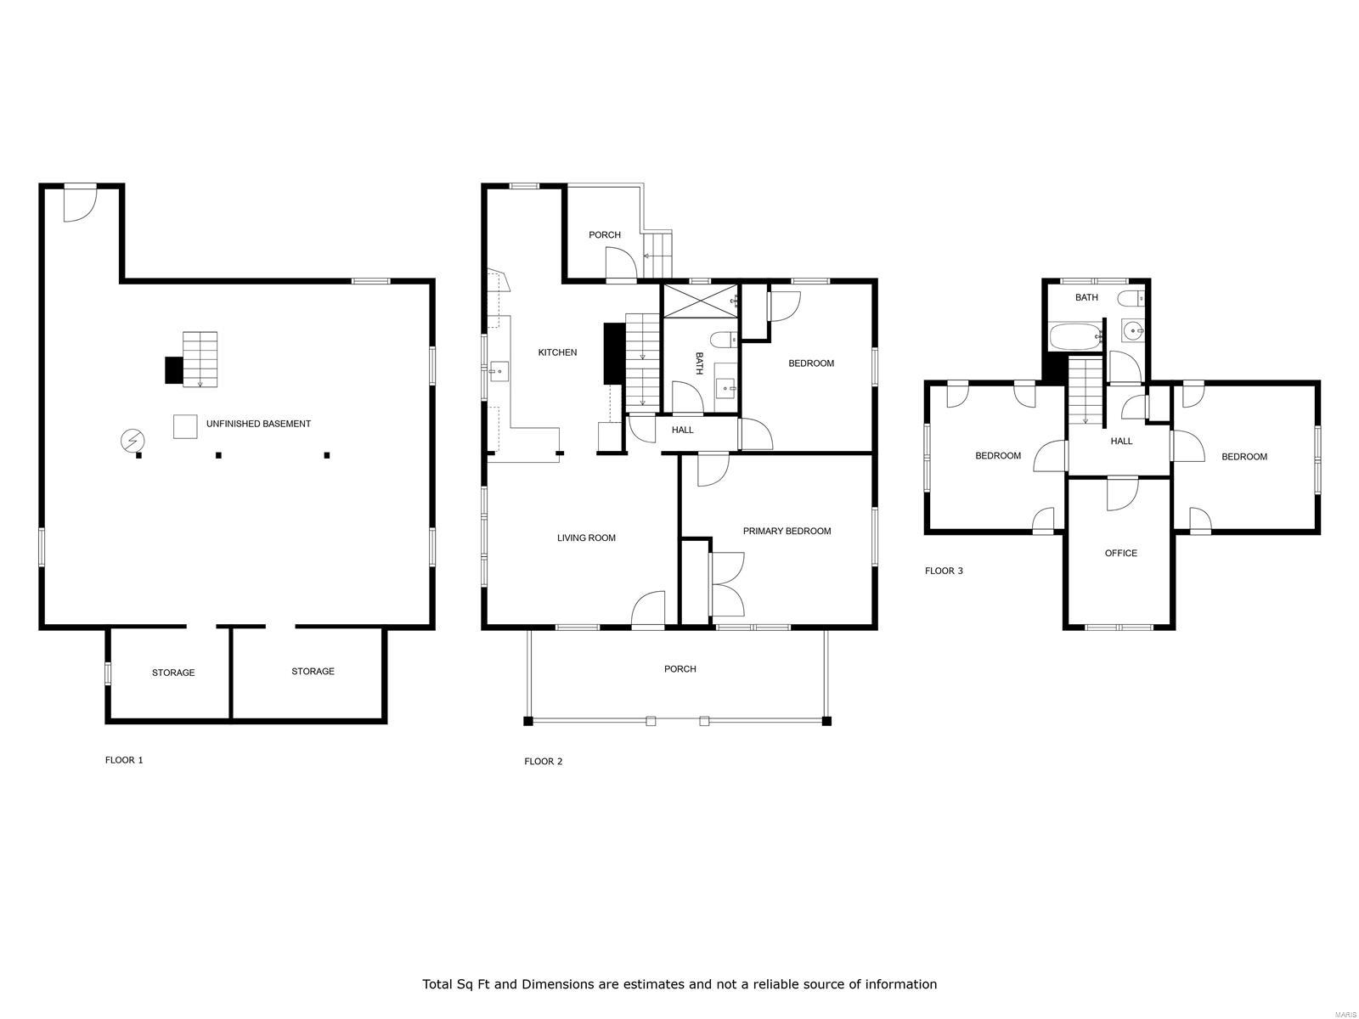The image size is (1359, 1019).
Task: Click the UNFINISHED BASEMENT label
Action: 258,424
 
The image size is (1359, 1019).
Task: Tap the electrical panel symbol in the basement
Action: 133,441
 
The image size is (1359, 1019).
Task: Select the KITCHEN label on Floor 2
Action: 557,352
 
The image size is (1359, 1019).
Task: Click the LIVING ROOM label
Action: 586,538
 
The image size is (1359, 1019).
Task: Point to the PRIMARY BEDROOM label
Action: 787,531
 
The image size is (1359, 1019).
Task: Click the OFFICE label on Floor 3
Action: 1120,553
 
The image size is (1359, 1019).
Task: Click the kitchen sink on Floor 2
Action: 499,371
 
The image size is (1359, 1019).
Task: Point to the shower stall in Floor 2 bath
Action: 700,301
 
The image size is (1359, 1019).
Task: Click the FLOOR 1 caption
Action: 124,760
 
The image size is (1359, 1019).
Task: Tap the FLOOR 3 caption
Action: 944,571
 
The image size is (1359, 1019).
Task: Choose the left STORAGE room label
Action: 173,673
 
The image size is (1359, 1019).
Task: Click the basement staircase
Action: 200,359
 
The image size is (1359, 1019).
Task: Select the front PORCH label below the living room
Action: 679,669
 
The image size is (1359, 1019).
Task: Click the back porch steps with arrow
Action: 657,255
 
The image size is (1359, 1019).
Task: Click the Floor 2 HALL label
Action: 682,430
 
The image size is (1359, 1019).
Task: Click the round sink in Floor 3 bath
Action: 1133,331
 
